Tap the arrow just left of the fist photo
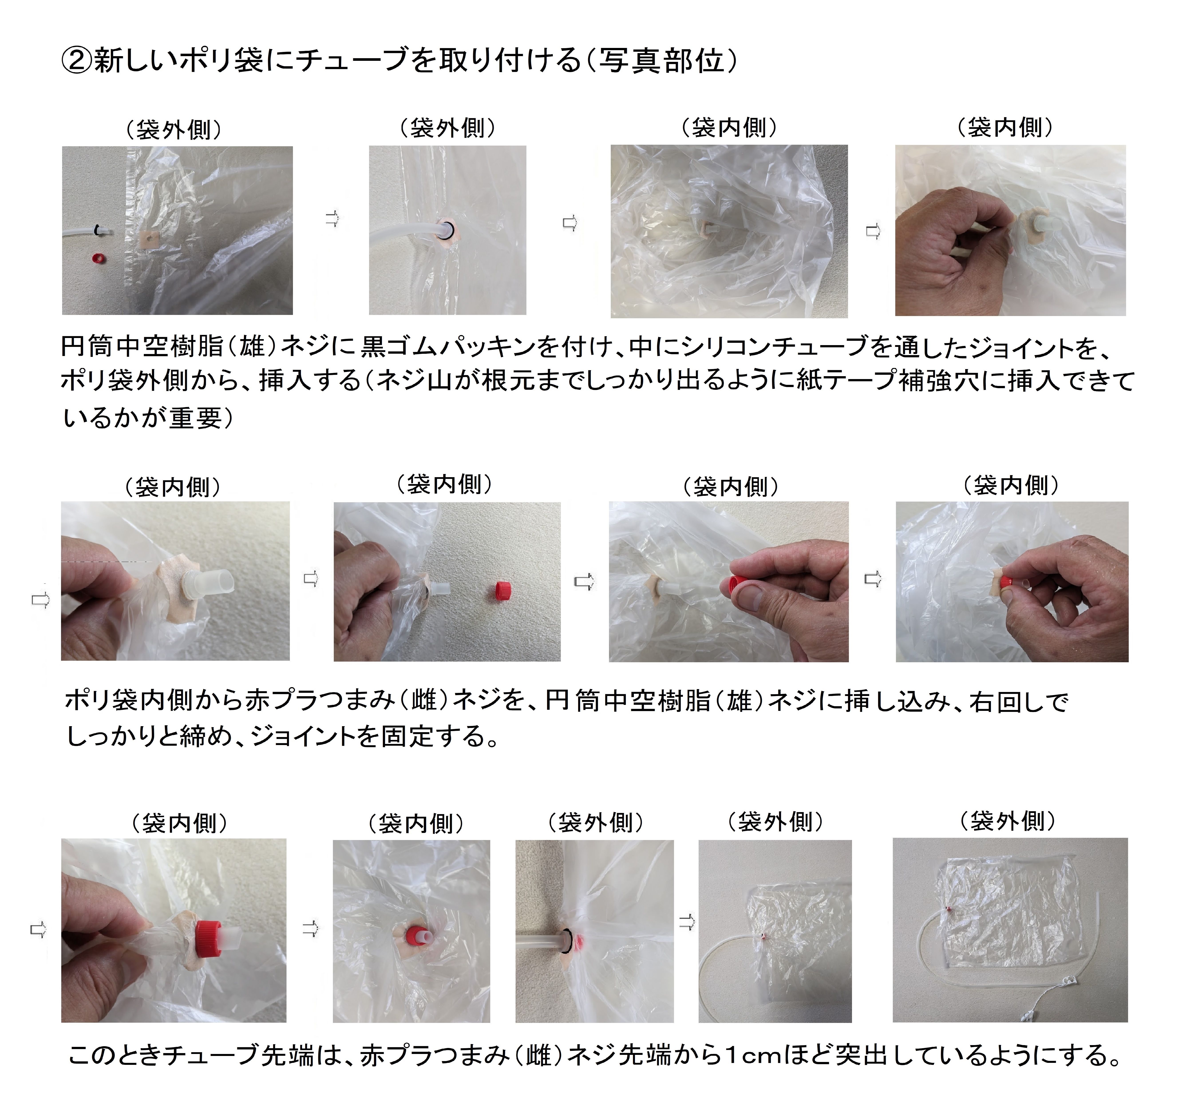click(873, 231)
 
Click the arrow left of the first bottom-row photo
click(38, 929)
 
